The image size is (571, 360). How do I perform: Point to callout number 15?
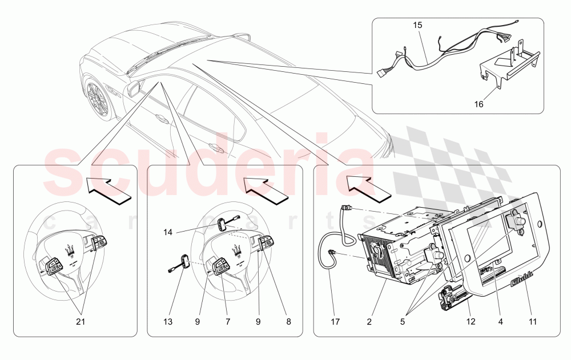(x=417, y=26)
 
